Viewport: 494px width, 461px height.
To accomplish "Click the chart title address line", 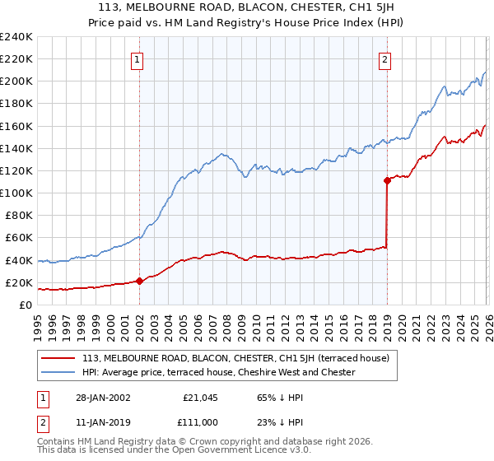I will tap(248, 7).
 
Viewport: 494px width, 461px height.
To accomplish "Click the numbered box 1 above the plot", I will tap(137, 58).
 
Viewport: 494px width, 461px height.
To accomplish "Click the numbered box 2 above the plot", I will tap(385, 58).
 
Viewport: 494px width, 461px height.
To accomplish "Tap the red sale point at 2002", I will tap(139, 281).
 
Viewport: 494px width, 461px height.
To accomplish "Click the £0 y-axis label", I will tap(24, 305).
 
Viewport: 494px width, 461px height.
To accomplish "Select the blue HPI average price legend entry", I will tap(218, 372).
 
